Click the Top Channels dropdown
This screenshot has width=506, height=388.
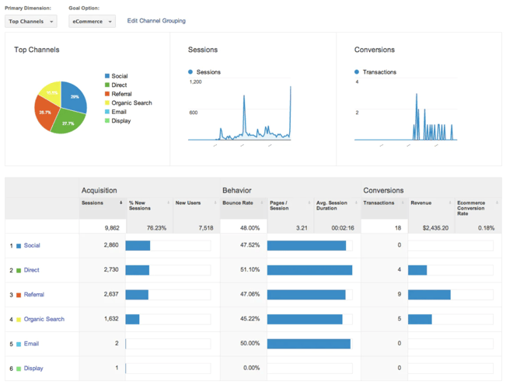click(x=30, y=22)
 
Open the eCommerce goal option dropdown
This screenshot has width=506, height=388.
click(x=92, y=22)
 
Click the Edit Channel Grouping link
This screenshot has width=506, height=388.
click(x=156, y=21)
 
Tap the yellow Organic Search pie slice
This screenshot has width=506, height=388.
click(x=51, y=92)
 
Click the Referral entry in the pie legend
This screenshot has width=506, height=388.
click(x=121, y=94)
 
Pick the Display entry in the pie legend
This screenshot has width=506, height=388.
click(x=120, y=121)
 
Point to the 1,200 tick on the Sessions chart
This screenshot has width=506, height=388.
click(x=195, y=81)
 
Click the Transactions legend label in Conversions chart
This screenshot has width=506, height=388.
click(x=379, y=72)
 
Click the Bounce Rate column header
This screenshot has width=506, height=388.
click(x=238, y=203)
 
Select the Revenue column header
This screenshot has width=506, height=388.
click(x=421, y=203)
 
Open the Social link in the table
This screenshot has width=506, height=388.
click(x=32, y=245)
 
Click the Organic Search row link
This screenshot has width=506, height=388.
click(x=44, y=319)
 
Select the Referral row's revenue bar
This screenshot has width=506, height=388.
click(x=429, y=295)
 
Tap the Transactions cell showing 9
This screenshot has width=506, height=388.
click(x=399, y=295)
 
